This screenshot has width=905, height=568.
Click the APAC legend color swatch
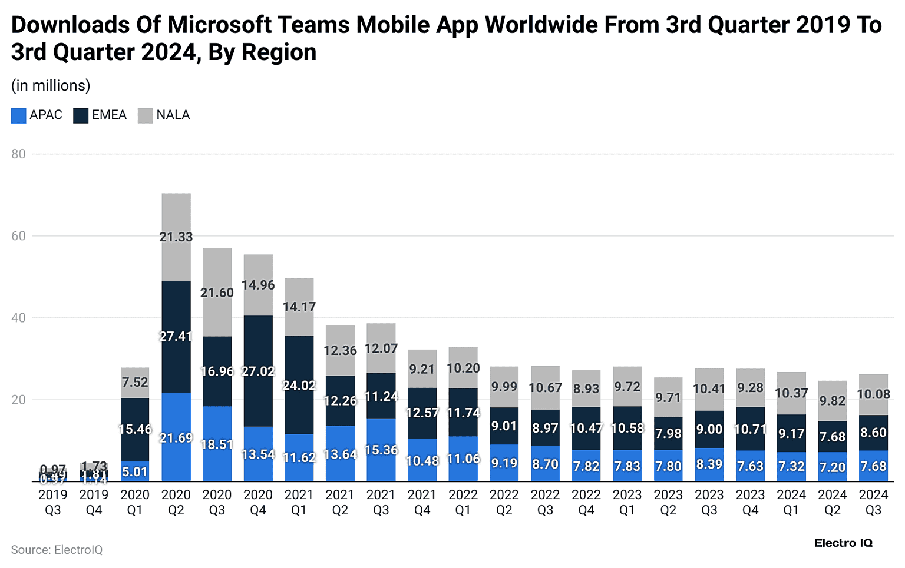point(18,115)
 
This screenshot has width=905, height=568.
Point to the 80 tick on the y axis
point(18,154)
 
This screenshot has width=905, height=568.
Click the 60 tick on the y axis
point(18,236)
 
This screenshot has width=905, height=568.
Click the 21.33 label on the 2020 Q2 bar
point(176,237)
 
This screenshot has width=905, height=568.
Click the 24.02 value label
point(299,386)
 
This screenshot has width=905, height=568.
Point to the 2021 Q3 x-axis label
point(381,502)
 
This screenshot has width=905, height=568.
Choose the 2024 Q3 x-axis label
point(873,502)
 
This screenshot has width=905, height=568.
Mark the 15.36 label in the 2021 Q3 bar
point(381,450)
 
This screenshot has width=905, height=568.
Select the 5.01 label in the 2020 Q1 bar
point(135,472)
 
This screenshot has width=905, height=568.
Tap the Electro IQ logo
point(843,543)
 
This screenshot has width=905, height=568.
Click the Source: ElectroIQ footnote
point(57,550)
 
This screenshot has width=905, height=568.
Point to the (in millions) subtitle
point(51,86)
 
